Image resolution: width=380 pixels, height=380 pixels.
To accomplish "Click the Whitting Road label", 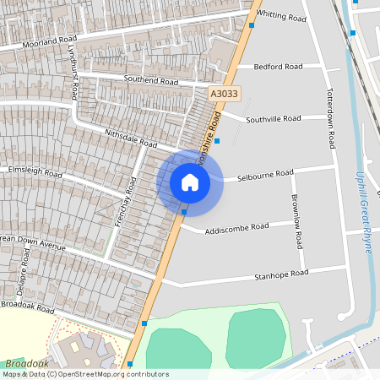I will click(282, 16).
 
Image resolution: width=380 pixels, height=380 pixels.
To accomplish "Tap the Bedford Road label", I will click(278, 66).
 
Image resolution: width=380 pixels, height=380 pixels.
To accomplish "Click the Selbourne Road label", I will click(265, 176).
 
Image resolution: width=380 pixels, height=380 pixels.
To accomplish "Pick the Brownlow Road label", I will click(296, 220).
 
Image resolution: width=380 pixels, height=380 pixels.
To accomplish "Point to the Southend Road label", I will click(151, 81).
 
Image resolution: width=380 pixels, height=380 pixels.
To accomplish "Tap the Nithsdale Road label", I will click(132, 138).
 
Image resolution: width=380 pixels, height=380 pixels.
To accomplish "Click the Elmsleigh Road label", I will click(35, 171).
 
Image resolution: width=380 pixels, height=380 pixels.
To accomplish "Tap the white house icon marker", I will click(190, 182).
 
